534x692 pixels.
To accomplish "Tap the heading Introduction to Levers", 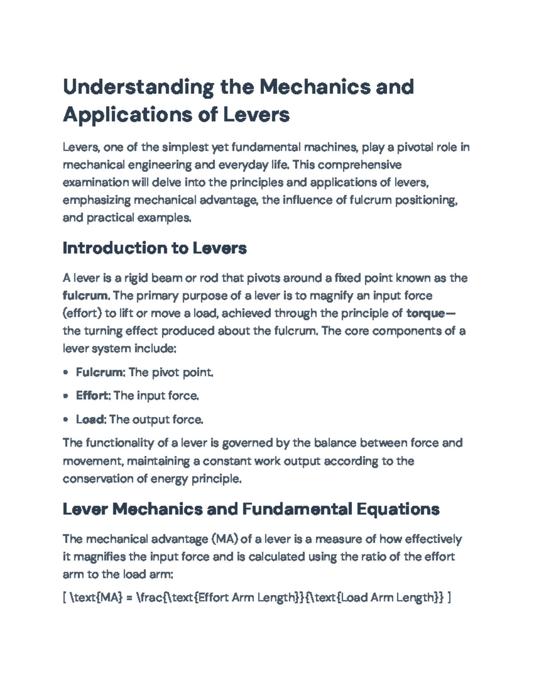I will [x=154, y=248].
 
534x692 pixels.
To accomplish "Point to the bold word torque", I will [x=425, y=313].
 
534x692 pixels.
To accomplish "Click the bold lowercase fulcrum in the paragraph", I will [x=85, y=296].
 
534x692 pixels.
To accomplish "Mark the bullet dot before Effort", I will [x=66, y=396].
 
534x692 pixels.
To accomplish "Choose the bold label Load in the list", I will [x=90, y=419].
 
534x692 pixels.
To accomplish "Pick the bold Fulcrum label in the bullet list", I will [x=99, y=372].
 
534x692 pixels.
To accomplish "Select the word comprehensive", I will [x=360, y=165].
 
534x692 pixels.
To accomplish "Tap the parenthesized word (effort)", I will [x=82, y=313].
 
